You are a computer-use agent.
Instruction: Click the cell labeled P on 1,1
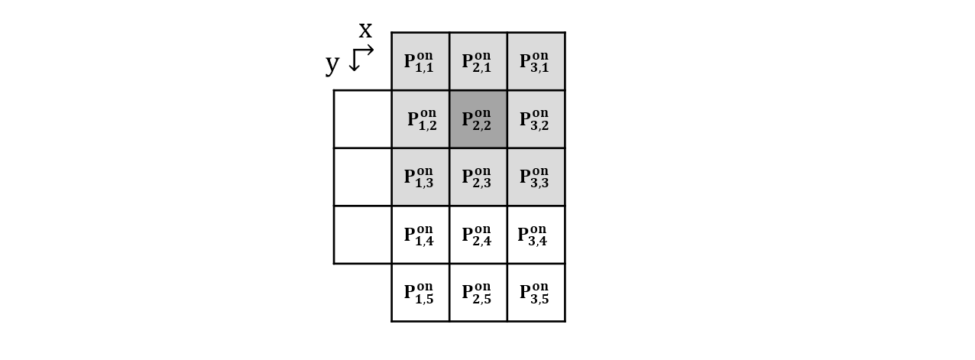(420, 61)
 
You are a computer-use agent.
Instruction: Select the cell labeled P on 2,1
(478, 61)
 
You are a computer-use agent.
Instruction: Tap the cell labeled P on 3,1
(536, 61)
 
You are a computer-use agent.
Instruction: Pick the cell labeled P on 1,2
(420, 119)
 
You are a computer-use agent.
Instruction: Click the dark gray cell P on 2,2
(478, 119)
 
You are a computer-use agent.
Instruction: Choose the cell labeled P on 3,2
(536, 119)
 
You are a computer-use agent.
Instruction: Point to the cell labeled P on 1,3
(420, 177)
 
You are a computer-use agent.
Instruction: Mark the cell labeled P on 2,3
(478, 177)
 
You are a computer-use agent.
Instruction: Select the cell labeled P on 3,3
(536, 177)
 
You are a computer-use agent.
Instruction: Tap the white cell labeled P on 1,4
(420, 235)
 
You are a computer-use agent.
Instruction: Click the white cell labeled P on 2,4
(478, 235)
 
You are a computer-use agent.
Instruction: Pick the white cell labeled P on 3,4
(536, 235)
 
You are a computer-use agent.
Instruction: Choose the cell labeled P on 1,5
(420, 293)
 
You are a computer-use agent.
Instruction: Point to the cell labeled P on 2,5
(478, 293)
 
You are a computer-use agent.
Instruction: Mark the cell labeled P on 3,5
(536, 293)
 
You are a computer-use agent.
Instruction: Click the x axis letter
(365, 31)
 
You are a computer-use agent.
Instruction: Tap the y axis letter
(332, 65)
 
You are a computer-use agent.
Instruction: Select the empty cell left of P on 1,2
(363, 119)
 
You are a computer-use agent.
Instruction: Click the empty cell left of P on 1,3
(363, 177)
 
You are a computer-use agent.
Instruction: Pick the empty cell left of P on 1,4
(363, 235)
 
